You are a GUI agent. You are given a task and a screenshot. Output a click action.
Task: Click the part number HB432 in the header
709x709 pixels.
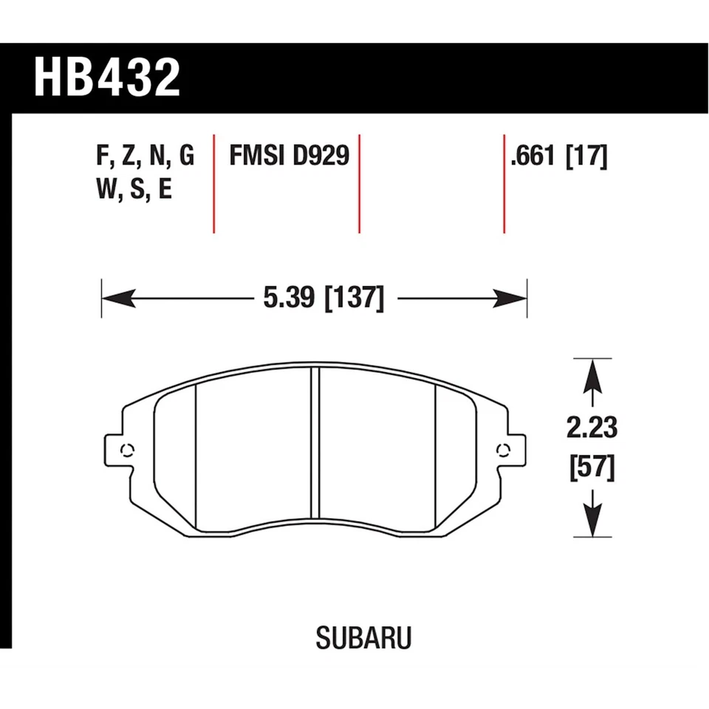tap(107, 78)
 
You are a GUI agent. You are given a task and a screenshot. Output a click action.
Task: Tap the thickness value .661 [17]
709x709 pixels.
tap(558, 157)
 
